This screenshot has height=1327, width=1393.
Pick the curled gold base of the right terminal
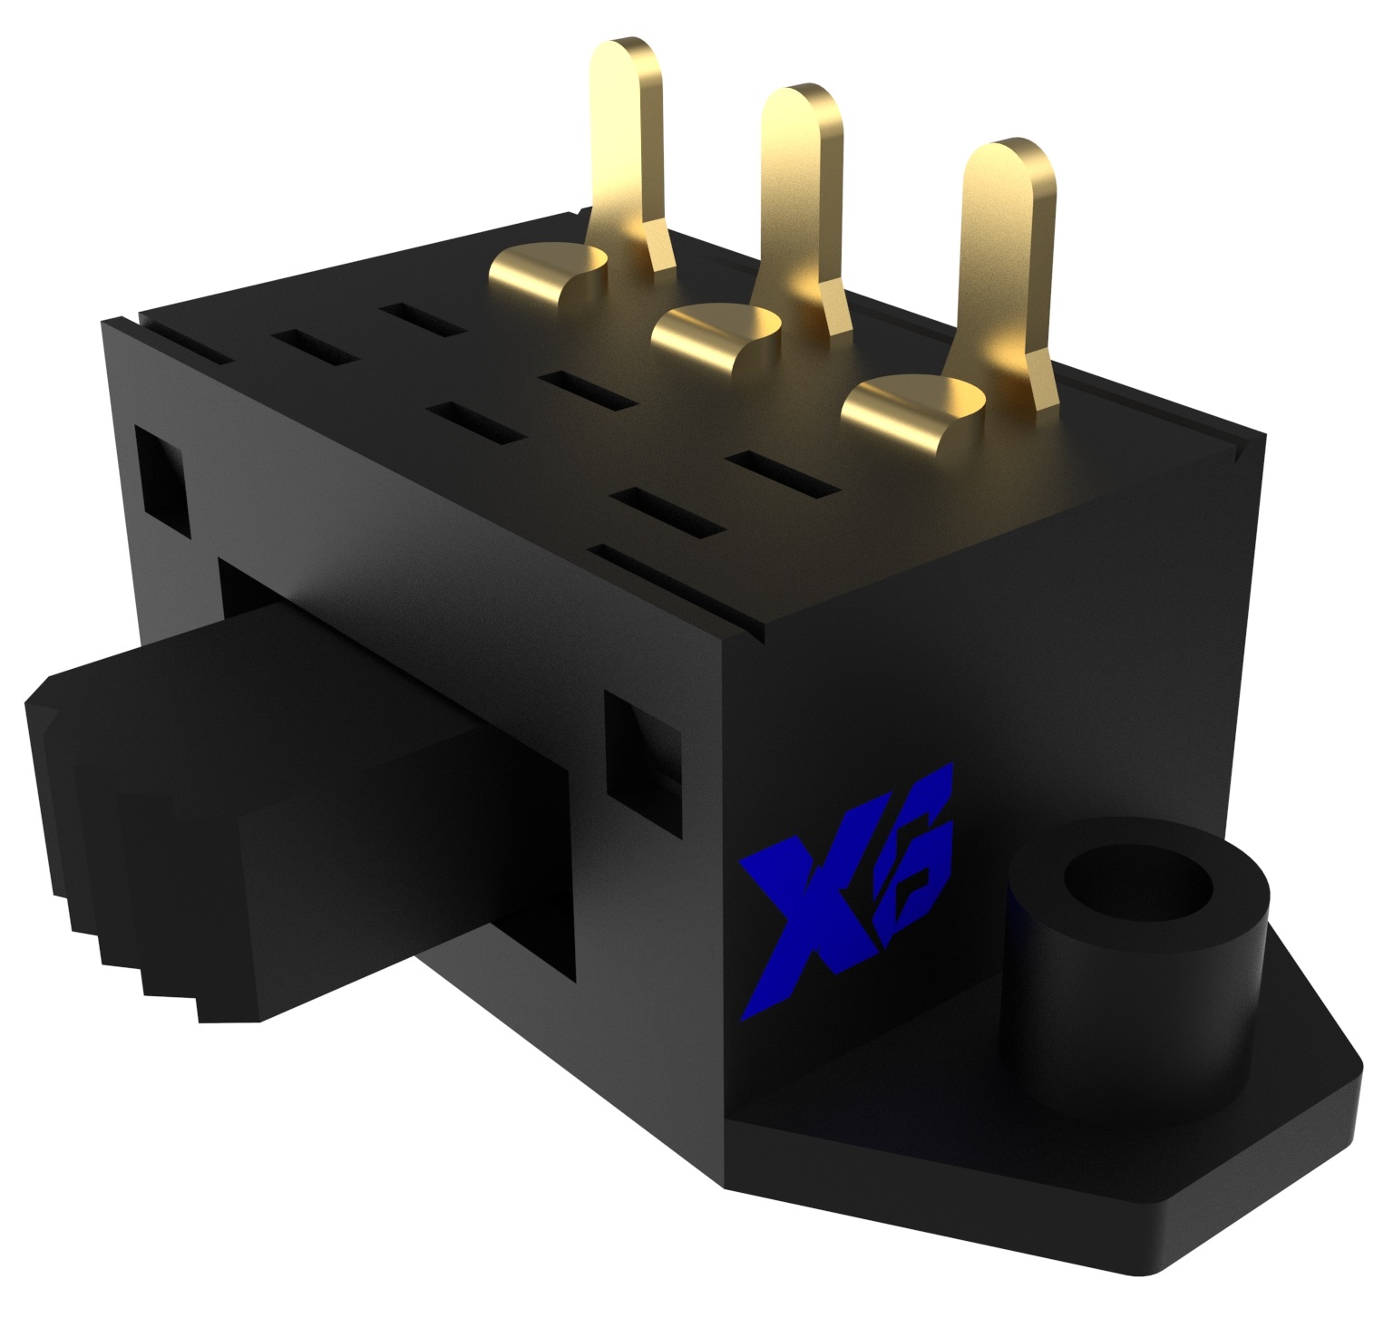point(907,412)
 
